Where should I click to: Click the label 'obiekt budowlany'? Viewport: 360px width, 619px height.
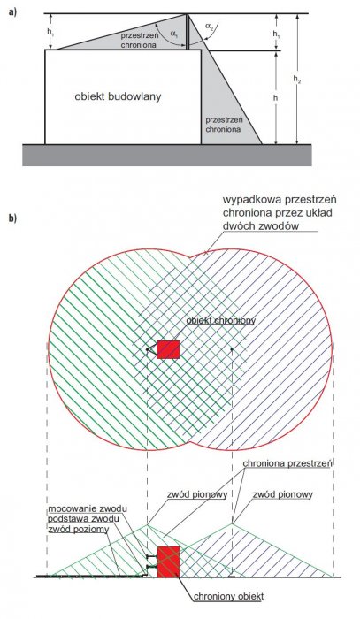(x=118, y=96)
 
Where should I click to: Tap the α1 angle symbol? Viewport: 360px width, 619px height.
(x=174, y=34)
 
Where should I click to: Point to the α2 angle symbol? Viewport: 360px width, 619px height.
(x=210, y=26)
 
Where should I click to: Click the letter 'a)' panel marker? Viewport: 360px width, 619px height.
(x=13, y=11)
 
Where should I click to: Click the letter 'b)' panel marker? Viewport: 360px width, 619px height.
(x=13, y=218)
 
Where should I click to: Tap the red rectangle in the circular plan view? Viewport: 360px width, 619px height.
(x=168, y=349)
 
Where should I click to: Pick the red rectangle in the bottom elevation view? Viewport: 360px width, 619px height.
(x=169, y=562)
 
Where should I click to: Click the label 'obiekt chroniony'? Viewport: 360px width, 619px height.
(x=220, y=320)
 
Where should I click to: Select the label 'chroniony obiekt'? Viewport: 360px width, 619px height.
(x=228, y=596)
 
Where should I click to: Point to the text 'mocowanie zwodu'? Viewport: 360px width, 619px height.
(x=88, y=508)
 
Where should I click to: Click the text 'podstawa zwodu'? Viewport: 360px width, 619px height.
(x=83, y=518)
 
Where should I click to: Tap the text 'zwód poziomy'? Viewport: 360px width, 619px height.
(x=78, y=530)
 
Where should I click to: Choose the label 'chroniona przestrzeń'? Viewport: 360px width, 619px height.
(x=287, y=463)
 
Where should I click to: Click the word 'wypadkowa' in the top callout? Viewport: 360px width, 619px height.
(x=247, y=199)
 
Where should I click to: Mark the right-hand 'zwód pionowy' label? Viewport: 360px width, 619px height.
(x=283, y=494)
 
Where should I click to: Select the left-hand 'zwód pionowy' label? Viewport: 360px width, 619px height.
(x=196, y=494)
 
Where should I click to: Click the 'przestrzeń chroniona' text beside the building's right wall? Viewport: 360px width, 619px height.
(x=224, y=124)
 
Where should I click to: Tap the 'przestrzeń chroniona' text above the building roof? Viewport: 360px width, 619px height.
(x=140, y=40)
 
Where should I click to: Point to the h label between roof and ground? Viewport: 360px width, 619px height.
(x=275, y=97)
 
